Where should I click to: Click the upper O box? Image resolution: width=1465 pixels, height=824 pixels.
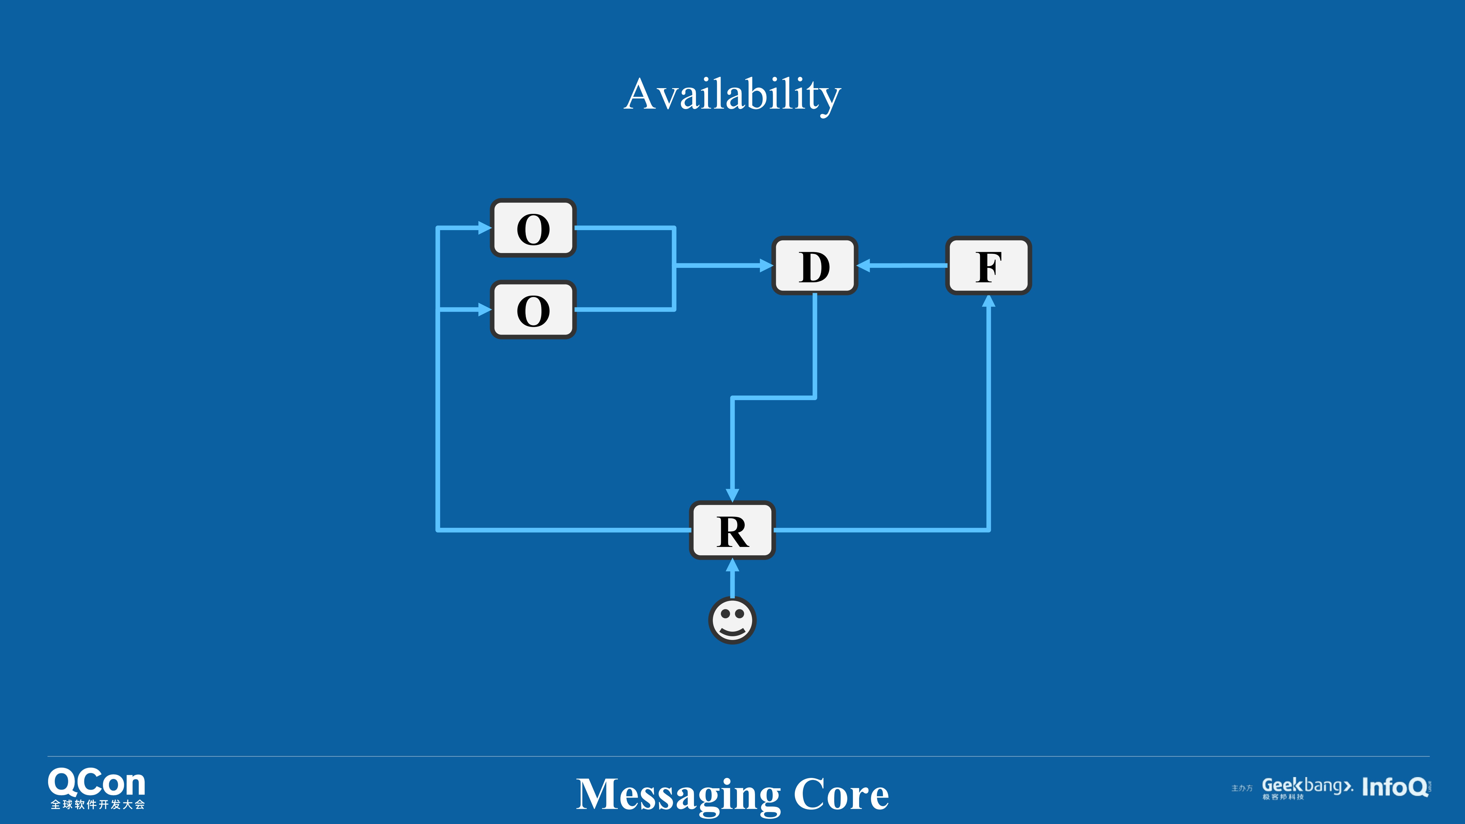[533, 228]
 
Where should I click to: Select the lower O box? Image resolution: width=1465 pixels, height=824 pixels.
[533, 310]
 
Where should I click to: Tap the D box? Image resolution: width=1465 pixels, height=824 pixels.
[814, 266]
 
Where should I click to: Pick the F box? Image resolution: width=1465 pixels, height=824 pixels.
[988, 266]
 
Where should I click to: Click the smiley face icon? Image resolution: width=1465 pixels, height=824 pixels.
[732, 620]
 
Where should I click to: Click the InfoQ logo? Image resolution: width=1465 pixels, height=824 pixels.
[1395, 787]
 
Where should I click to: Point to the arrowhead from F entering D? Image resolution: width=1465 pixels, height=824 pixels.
[863, 266]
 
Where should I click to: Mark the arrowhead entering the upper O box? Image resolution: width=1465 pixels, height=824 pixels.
[485, 228]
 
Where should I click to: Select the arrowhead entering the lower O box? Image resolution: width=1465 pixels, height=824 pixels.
[485, 310]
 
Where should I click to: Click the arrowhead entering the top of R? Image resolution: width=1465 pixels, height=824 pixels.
[732, 495]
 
